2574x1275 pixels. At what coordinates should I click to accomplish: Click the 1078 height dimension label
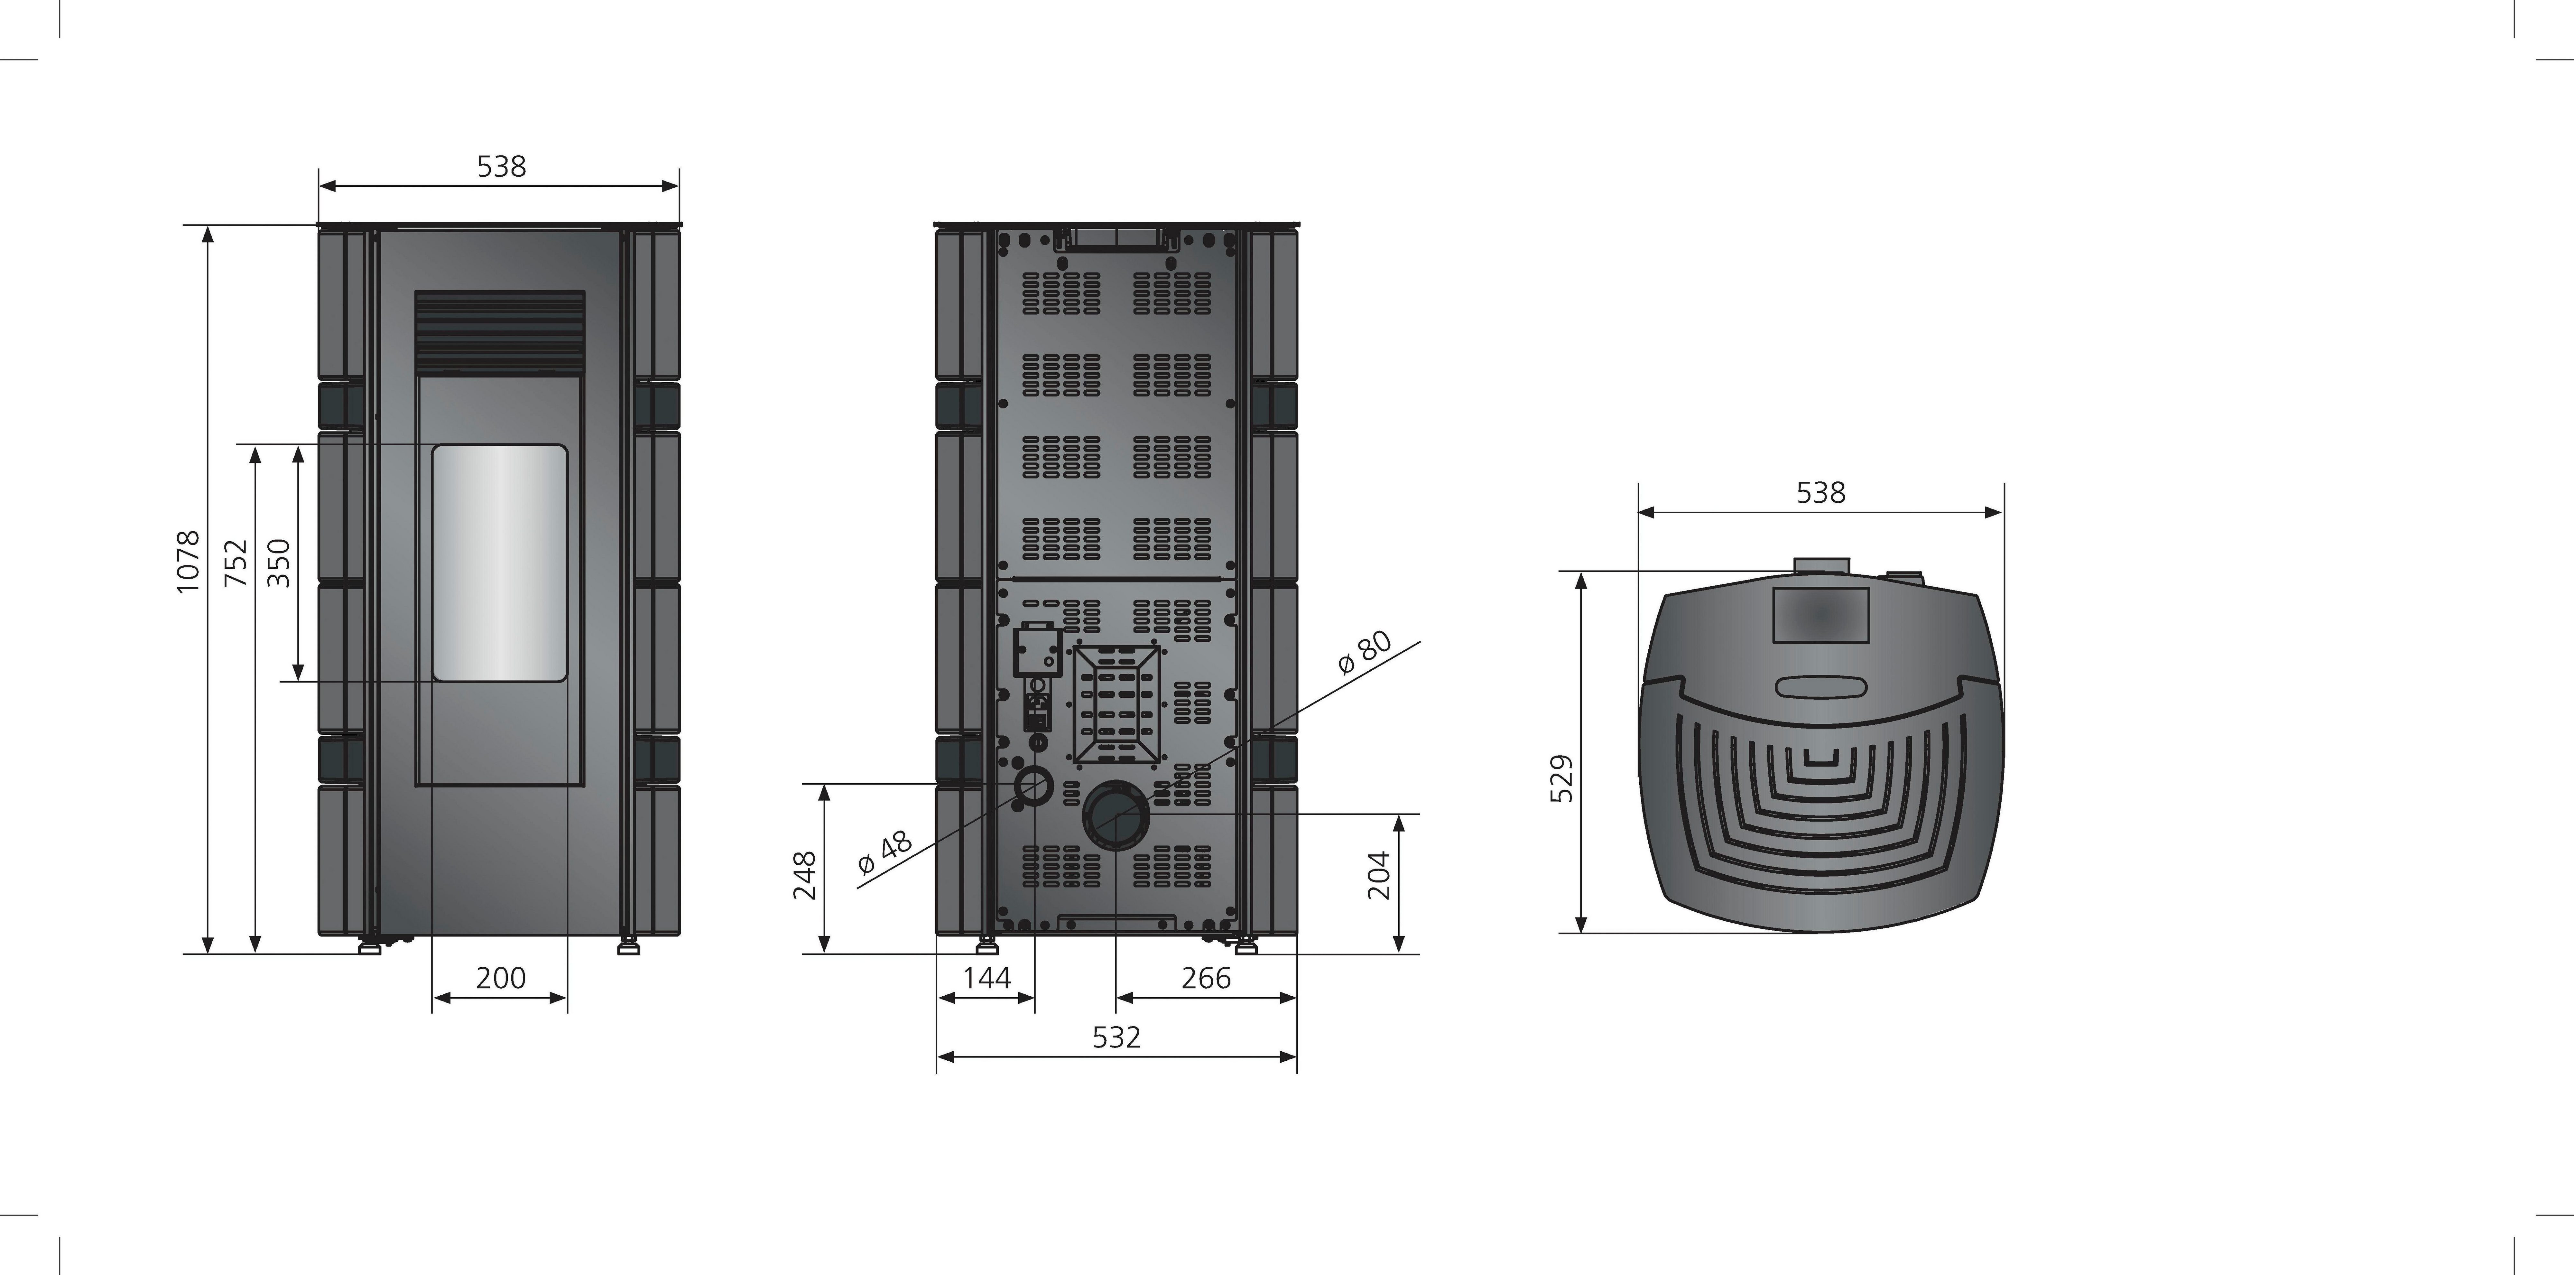188,562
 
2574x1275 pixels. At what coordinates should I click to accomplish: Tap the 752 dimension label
236,563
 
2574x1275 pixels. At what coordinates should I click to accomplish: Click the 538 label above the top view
1820,493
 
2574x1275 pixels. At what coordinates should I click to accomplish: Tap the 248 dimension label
804,875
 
